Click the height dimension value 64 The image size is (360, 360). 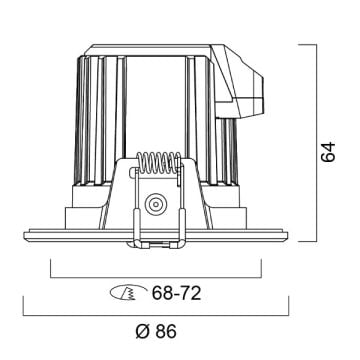pyautogui.click(x=328, y=152)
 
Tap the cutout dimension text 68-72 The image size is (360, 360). pyautogui.click(x=177, y=293)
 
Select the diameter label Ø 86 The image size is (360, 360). pyautogui.click(x=156, y=331)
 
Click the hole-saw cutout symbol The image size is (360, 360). pyautogui.click(x=129, y=293)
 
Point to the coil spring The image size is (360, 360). pyautogui.click(x=159, y=163)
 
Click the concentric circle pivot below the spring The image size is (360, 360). pyautogui.click(x=156, y=204)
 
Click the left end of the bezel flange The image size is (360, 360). pyautogui.click(x=24, y=235)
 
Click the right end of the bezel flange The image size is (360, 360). pyautogui.click(x=287, y=235)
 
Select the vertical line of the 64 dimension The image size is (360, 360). pyautogui.click(x=316, y=143)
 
